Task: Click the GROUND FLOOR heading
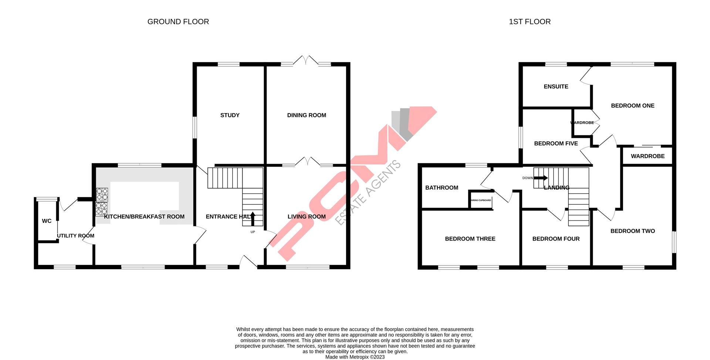tap(178, 22)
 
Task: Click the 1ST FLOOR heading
tap(530, 22)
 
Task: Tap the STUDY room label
tap(230, 115)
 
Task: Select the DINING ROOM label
tap(307, 115)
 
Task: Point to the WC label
tap(47, 221)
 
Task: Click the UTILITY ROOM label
tap(75, 236)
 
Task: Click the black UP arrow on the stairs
tap(253, 218)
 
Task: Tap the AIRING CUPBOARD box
tap(481, 200)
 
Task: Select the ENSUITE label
tap(556, 86)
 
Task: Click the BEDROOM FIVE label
tap(556, 143)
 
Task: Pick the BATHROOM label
tap(442, 188)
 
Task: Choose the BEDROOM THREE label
tap(470, 239)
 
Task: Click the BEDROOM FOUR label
tap(556, 239)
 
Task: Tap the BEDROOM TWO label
tap(632, 231)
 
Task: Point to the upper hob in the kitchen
tap(102, 194)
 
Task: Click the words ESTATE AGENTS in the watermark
tap(368, 193)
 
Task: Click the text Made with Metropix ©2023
tap(355, 357)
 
